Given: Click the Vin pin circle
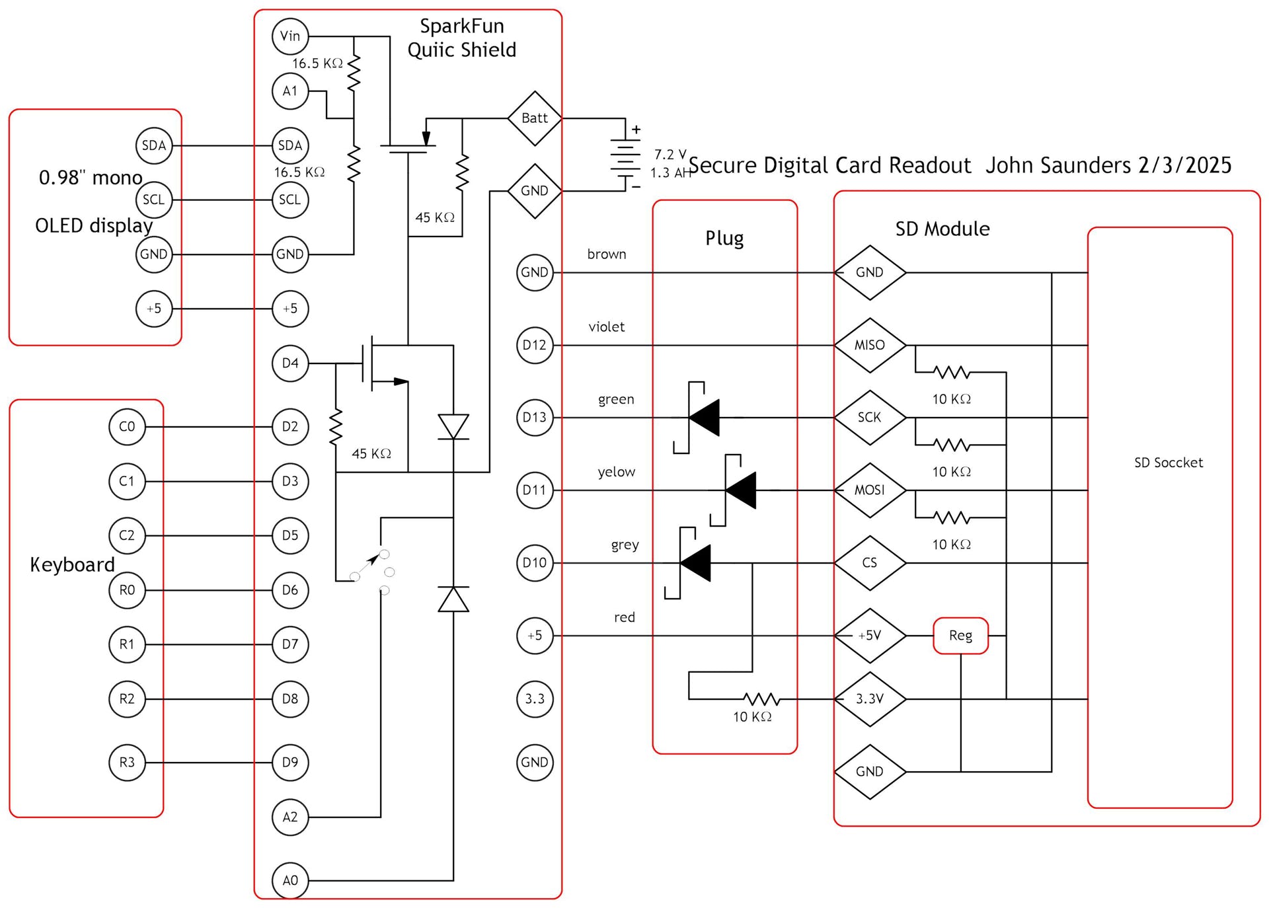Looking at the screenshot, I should pyautogui.click(x=290, y=36).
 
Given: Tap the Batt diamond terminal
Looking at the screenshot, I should pyautogui.click(x=534, y=118).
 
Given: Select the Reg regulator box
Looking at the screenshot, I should pyautogui.click(x=960, y=636).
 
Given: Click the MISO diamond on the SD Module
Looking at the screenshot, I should pyautogui.click(x=869, y=345).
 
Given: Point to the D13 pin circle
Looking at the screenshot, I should pyautogui.click(x=534, y=418).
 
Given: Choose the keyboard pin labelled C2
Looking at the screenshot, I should pyautogui.click(x=127, y=535).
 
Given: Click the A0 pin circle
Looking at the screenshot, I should pyautogui.click(x=290, y=880).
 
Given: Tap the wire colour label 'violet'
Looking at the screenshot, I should pyautogui.click(x=606, y=327).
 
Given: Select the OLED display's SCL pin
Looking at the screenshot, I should pyautogui.click(x=154, y=200).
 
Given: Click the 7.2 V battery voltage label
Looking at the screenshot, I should pyautogui.click(x=670, y=155).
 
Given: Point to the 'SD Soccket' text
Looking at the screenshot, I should pyautogui.click(x=1168, y=463).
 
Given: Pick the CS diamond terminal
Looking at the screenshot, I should pyautogui.click(x=869, y=563).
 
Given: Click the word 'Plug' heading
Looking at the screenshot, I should pyautogui.click(x=724, y=238).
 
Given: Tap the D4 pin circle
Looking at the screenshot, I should pyautogui.click(x=290, y=363).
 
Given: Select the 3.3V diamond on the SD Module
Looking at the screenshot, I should pyautogui.click(x=869, y=699).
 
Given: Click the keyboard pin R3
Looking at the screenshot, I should pyautogui.click(x=127, y=763).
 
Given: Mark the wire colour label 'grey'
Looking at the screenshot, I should pyautogui.click(x=625, y=545).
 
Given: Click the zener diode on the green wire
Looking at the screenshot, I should pyautogui.click(x=703, y=418).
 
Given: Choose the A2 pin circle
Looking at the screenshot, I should pyautogui.click(x=290, y=817).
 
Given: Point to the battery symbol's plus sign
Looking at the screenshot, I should pyautogui.click(x=636, y=130).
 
